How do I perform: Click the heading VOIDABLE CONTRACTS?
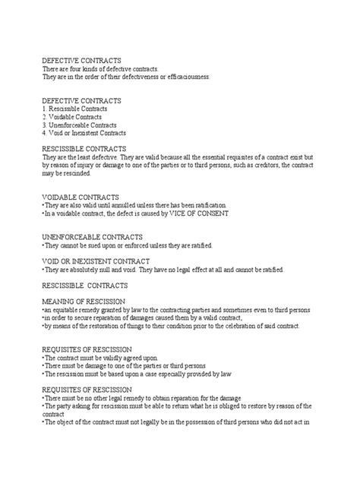[x=81, y=197]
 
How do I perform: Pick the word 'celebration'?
[x=229, y=326]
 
